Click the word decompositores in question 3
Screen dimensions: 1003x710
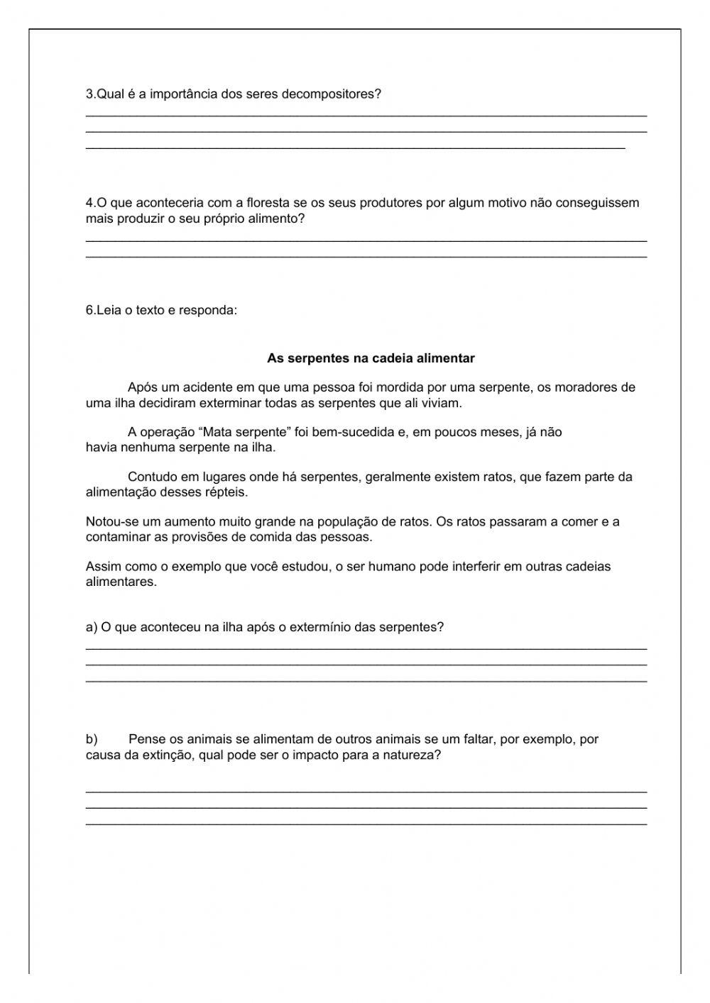[332, 94]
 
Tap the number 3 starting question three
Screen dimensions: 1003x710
[89, 94]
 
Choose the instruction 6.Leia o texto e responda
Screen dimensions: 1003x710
[161, 310]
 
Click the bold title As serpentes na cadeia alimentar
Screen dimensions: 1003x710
[371, 359]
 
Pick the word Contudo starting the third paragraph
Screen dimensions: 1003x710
[150, 477]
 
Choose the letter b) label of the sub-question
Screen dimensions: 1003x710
[92, 739]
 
